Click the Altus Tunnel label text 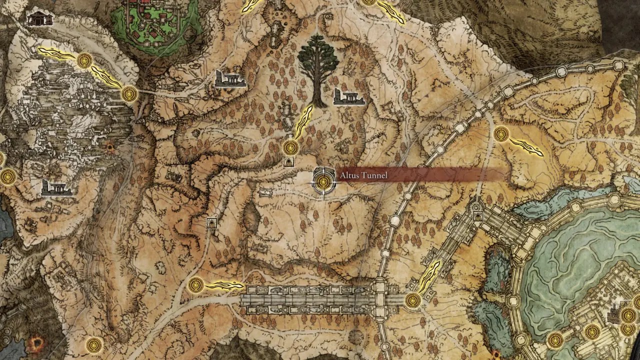pos(363,175)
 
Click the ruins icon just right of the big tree pos(349,97)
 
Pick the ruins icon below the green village pos(230,79)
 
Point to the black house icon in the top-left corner pos(39,19)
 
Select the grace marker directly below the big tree pos(290,147)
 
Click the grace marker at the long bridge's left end pos(196,285)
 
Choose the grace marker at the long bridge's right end pos(413,300)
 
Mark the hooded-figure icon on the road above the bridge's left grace pos(212,223)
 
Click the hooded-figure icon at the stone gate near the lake pos(477,216)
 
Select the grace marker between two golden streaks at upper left pos(84,61)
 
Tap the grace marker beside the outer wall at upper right pos(501,134)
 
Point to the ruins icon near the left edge pos(56,187)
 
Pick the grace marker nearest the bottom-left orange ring pos(93,344)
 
